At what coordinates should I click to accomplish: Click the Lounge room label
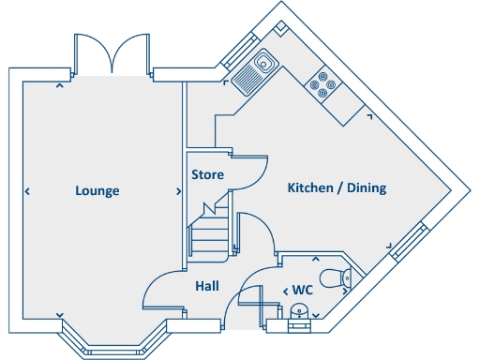click(97, 191)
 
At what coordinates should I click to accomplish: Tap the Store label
click(207, 174)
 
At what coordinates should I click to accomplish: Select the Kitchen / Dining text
click(337, 188)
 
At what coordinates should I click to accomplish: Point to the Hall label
click(207, 286)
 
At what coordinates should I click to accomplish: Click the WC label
click(302, 291)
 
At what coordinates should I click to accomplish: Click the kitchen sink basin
click(263, 64)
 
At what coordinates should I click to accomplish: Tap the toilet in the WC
click(335, 277)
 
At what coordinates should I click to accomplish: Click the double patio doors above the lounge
click(112, 53)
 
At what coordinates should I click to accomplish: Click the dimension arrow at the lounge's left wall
click(27, 191)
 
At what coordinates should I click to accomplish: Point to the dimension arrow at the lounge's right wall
click(178, 191)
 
